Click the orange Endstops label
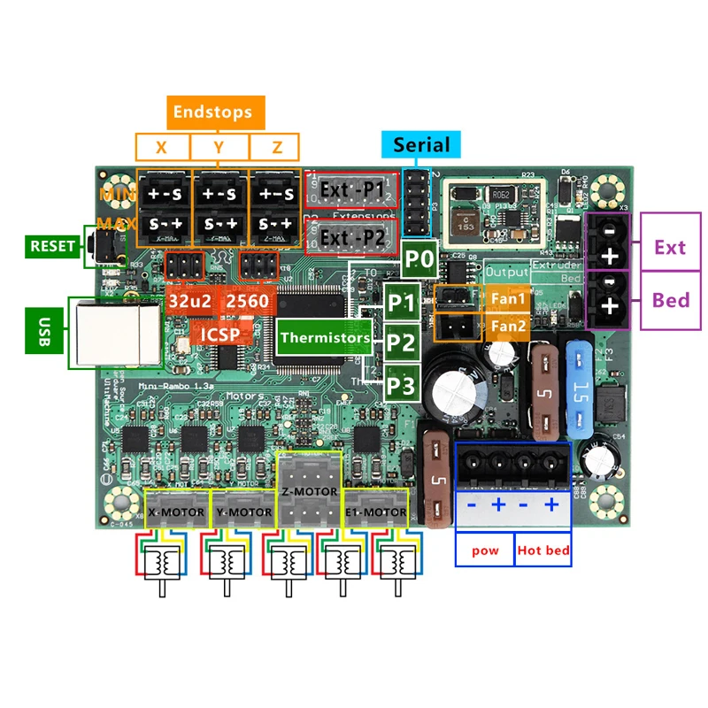(212, 112)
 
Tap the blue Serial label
(421, 145)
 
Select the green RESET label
(53, 246)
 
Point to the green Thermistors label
(326, 337)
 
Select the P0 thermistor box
(419, 260)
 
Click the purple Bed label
(671, 299)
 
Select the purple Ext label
(669, 247)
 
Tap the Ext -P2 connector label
(351, 238)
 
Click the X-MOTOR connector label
(176, 512)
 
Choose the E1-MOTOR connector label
(375, 512)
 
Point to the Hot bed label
(543, 550)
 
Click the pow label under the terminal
(485, 550)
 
